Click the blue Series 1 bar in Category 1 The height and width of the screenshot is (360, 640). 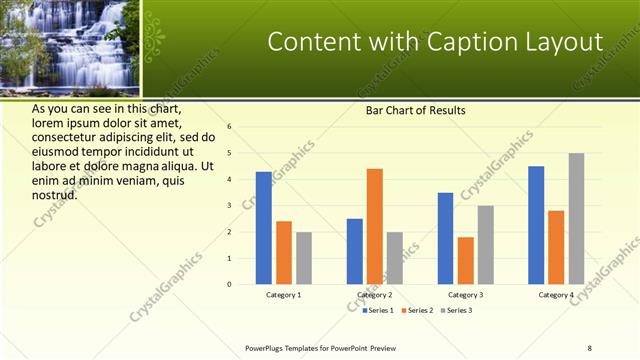pos(263,228)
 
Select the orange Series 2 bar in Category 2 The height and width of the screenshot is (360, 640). pos(374,226)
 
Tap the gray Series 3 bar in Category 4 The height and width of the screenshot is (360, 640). pos(576,218)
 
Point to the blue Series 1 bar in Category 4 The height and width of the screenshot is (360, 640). pos(536,225)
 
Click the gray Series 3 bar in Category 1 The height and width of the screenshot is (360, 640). pos(303,258)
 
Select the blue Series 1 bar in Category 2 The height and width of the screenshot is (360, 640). pos(354,251)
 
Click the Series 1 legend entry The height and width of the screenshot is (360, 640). pos(377,310)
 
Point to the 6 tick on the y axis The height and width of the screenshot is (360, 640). pos(229,127)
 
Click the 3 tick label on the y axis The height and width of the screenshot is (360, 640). pos(229,205)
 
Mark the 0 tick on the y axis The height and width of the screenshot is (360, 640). pos(229,284)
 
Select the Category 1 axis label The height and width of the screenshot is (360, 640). pos(283,295)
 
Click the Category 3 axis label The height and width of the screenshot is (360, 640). pos(465,295)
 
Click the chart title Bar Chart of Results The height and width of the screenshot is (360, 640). pos(414,110)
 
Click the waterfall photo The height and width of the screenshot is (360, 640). pos(71,47)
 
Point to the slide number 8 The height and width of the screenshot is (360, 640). pos(590,347)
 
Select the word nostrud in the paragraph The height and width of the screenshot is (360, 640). pos(55,194)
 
